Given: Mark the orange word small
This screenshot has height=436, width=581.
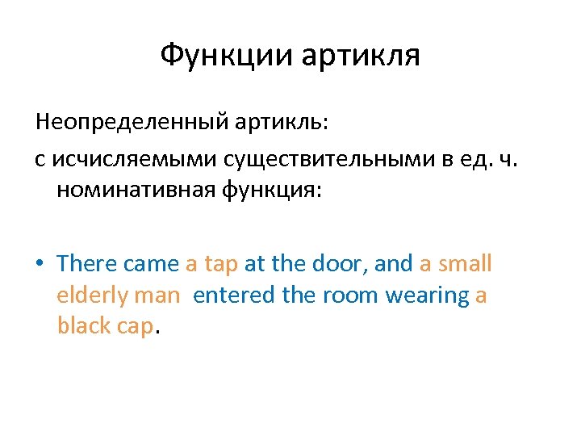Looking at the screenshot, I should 465,263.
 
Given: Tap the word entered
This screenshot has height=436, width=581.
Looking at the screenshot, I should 233,296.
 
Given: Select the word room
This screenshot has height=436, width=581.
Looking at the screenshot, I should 351,296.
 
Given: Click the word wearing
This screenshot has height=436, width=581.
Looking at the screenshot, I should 428,296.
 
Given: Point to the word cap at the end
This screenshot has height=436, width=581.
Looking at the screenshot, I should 134,326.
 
